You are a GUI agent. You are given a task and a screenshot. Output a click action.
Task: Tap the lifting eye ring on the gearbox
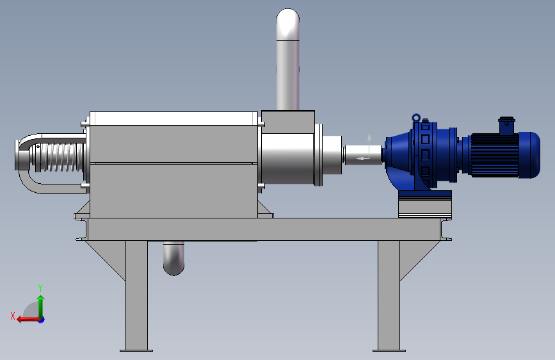[416, 117]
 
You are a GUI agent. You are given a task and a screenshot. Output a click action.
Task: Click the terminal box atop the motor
[507, 126]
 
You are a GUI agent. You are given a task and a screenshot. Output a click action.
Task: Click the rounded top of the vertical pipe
[288, 24]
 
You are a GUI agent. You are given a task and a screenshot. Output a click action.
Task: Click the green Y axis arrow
[41, 307]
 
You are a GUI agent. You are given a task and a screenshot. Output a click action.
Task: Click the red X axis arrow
[28, 319]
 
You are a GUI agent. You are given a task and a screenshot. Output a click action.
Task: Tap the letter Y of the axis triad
[40, 288]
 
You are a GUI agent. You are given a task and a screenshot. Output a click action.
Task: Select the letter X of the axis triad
[13, 316]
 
